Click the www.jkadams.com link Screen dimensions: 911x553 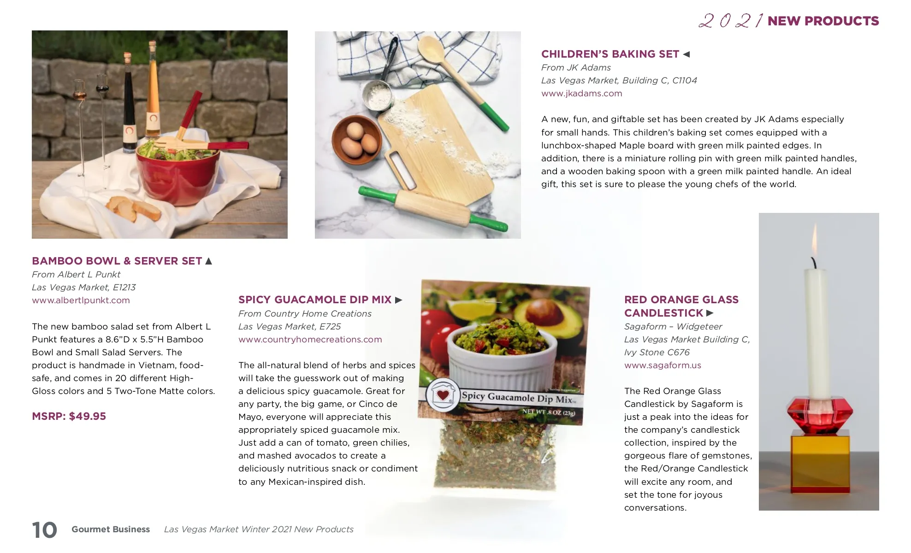581,94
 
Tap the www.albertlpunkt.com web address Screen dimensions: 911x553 81,300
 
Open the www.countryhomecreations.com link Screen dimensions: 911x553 310,340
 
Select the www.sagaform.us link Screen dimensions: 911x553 663,365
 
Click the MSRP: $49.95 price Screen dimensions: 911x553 69,416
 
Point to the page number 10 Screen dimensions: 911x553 44,530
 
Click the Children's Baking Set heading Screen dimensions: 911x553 610,54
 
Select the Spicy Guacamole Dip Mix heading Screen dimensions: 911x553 315,300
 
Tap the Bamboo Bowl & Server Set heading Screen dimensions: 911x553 117,261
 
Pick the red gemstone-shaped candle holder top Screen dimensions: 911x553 820,414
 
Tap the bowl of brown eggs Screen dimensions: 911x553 356,140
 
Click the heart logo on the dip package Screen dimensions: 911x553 443,394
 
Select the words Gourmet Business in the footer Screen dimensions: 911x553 111,529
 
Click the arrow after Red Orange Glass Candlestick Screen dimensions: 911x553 710,313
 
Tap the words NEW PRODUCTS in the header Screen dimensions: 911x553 823,21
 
